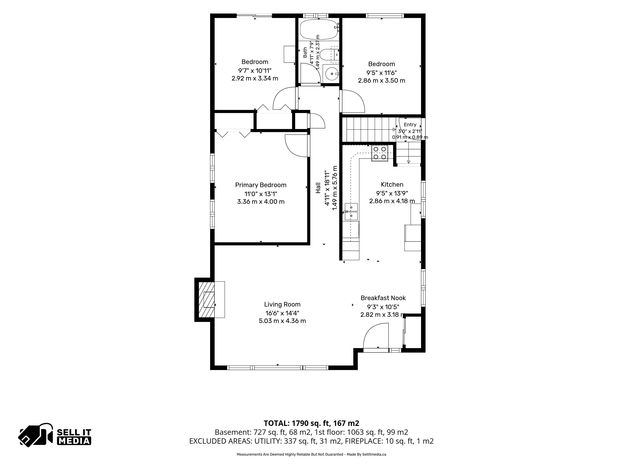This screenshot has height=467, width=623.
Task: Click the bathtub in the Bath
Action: pyautogui.click(x=319, y=29)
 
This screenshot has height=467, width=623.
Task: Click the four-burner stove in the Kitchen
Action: pyautogui.click(x=380, y=153)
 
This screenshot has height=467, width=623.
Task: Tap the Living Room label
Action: pyautogui.click(x=282, y=304)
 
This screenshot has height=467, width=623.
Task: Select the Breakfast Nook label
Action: pyautogui.click(x=383, y=298)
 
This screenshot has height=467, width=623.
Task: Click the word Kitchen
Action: pyautogui.click(x=392, y=184)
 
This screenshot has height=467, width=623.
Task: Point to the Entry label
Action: pyautogui.click(x=410, y=124)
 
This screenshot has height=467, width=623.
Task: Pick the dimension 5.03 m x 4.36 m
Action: pyautogui.click(x=282, y=321)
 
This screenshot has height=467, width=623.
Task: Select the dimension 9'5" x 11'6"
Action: pyautogui.click(x=382, y=73)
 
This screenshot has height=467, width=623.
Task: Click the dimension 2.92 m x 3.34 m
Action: pyautogui.click(x=255, y=78)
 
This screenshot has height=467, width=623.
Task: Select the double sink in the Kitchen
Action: pyautogui.click(x=351, y=211)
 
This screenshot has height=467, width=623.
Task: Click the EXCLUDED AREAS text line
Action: pyautogui.click(x=311, y=441)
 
